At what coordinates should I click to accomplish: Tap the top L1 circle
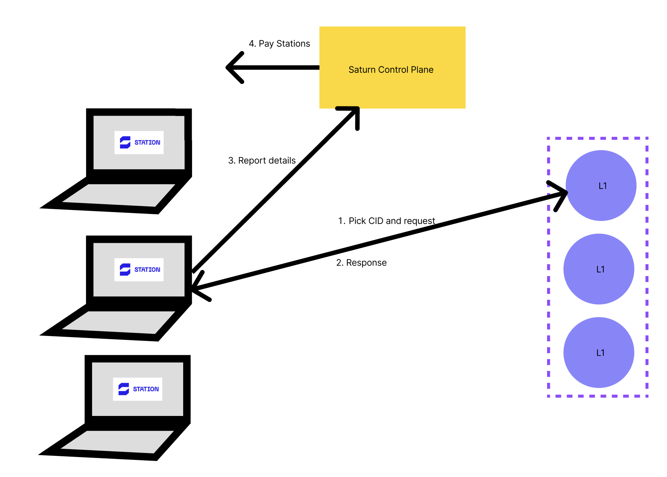pos(601,186)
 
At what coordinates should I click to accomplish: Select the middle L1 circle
pos(599,269)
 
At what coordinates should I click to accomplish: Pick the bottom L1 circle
pos(599,352)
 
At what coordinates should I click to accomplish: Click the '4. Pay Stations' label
pos(279,44)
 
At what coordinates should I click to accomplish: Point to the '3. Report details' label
pos(262,161)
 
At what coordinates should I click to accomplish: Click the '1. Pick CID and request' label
pos(386,221)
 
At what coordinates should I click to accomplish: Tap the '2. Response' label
pos(361,263)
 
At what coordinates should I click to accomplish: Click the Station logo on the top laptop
pos(139,142)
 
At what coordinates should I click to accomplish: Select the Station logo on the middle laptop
pos(139,270)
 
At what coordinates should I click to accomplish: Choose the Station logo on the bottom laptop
pos(137,389)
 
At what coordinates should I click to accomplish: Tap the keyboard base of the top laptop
pos(118,195)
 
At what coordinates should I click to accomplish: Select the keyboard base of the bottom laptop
pos(116,442)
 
